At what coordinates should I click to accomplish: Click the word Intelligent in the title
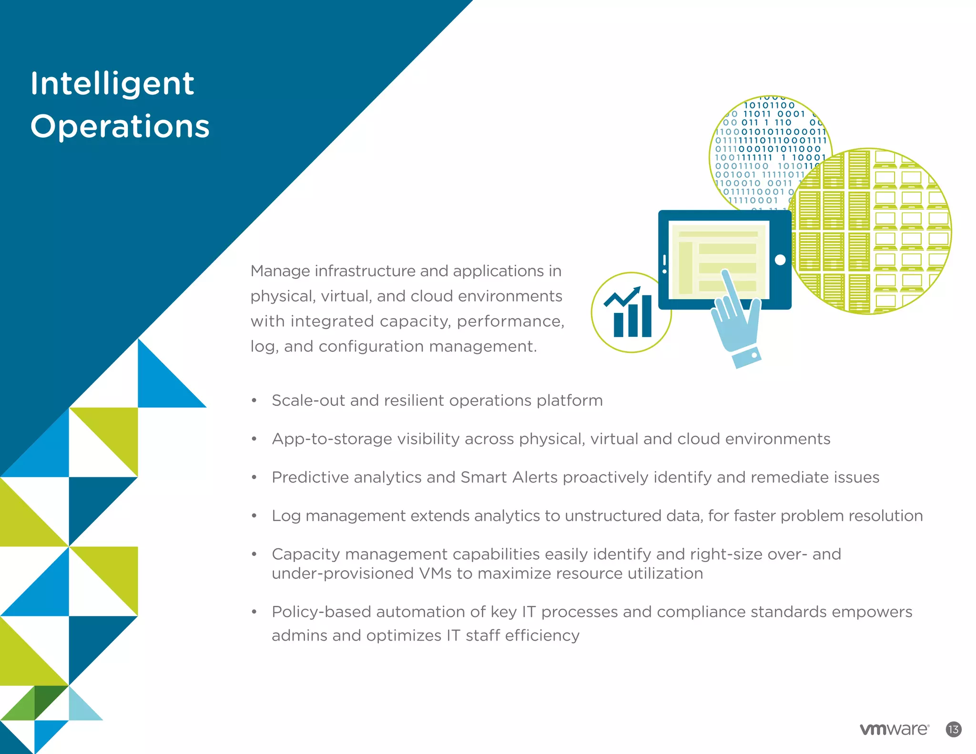pos(112,84)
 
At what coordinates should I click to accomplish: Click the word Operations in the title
pos(120,127)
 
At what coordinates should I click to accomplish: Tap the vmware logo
pos(894,729)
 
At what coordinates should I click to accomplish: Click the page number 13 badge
pos(954,729)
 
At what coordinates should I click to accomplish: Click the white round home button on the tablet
pos(780,260)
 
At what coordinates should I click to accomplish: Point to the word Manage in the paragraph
pos(280,271)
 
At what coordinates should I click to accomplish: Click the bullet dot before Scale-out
pos(254,401)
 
